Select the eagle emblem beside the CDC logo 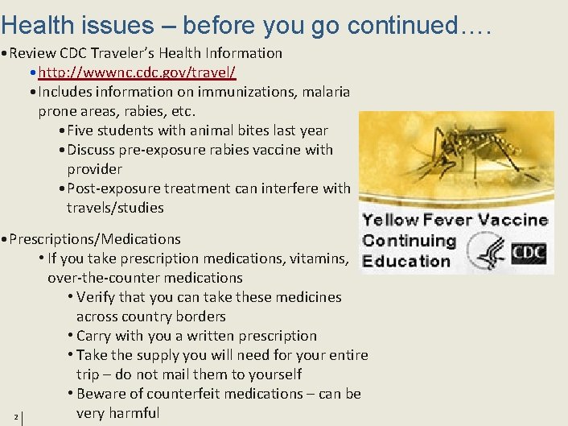(x=487, y=252)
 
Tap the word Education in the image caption (x=406, y=261)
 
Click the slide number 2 (x=15, y=416)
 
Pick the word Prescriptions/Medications (x=95, y=239)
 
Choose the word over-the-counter (x=101, y=278)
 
